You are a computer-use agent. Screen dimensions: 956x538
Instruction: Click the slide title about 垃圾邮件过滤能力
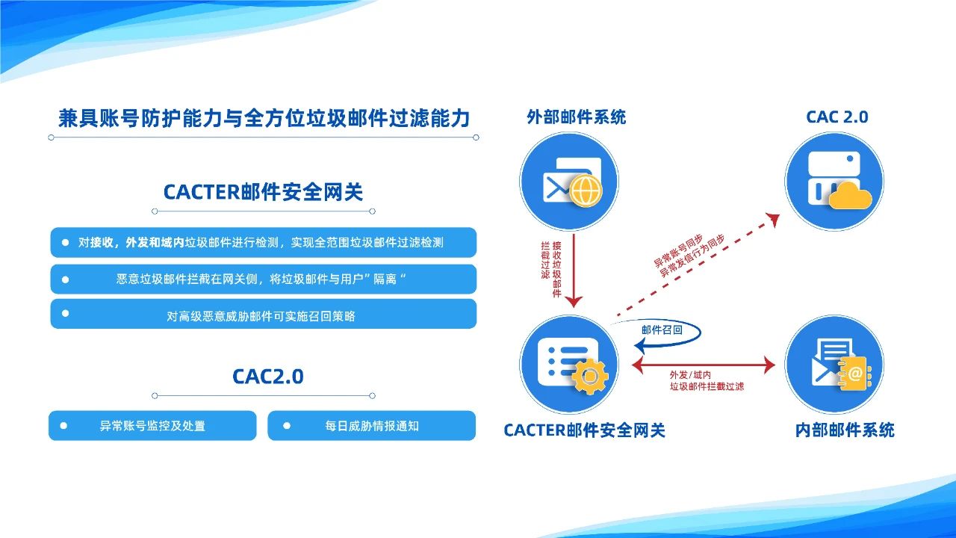[x=264, y=118]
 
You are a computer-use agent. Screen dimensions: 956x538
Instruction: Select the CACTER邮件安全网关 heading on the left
[x=264, y=192]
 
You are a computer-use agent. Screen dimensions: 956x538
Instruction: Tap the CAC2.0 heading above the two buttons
[x=268, y=376]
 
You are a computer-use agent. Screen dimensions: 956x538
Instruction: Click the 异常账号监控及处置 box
[x=152, y=425]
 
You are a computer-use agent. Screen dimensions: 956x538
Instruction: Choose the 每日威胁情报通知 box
[x=371, y=425]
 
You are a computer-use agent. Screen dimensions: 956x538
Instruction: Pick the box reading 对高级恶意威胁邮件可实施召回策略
[x=264, y=314]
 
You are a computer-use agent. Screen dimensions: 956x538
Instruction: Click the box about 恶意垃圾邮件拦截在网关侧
[x=264, y=279]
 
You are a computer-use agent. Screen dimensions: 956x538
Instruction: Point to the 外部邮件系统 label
[x=576, y=117]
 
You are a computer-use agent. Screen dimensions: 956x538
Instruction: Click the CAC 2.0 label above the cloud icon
[x=837, y=117]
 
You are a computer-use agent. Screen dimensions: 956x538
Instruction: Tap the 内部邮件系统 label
[x=845, y=430]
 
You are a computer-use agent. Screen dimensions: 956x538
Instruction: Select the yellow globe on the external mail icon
[x=586, y=191]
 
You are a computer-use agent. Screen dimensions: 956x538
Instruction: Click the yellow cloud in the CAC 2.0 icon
[x=850, y=196]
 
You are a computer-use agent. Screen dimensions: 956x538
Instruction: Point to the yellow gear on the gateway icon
[x=590, y=376]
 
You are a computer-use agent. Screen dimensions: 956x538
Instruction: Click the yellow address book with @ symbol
[x=854, y=374]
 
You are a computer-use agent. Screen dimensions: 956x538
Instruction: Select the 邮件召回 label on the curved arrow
[x=662, y=330]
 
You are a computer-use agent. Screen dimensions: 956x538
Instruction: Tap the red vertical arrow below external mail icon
[x=574, y=270]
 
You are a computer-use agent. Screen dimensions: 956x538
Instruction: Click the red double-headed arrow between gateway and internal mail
[x=704, y=365]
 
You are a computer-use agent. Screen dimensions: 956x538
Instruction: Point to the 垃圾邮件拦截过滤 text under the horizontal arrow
[x=707, y=386]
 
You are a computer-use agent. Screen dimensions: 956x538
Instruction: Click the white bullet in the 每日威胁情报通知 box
[x=287, y=426]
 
